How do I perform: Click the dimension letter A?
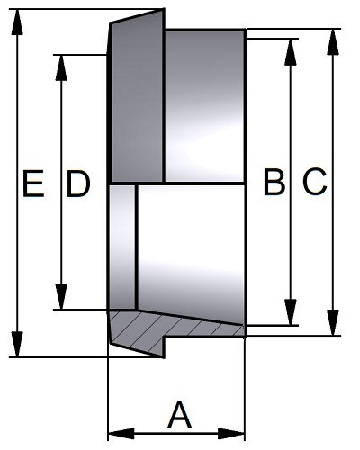[x=180, y=415]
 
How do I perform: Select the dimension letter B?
[x=274, y=182]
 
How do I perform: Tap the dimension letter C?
[x=314, y=182]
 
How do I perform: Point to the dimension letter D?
[x=78, y=184]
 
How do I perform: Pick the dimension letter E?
[x=33, y=184]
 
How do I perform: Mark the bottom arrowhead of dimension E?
[x=17, y=344]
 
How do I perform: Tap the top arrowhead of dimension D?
[x=61, y=67]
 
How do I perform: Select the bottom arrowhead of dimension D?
[x=61, y=296]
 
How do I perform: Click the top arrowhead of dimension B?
[x=290, y=52]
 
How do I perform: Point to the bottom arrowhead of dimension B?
[x=290, y=312]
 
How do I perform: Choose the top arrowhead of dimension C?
[x=333, y=42]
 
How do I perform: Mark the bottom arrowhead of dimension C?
[x=333, y=322]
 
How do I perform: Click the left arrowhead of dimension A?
[x=121, y=434]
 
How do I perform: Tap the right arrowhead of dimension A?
[x=231, y=434]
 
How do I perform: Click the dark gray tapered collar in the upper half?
[x=137, y=99]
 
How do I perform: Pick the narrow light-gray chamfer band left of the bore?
[x=122, y=247]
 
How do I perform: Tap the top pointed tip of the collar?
[x=164, y=10]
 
